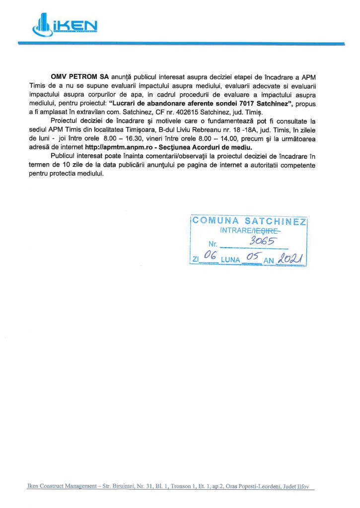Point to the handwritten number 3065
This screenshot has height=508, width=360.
pyautogui.click(x=264, y=241)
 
